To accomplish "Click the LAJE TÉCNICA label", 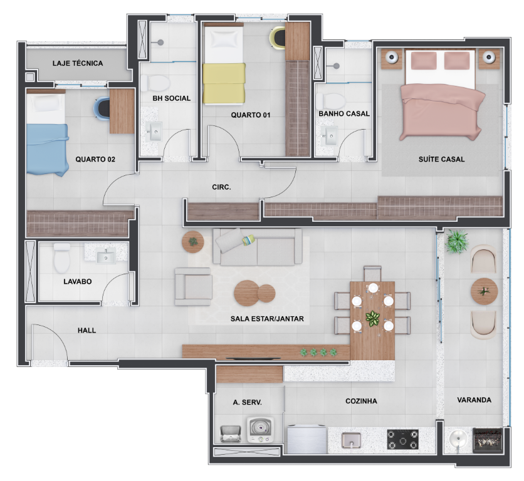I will coord(78,63).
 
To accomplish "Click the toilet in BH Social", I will coord(155,83).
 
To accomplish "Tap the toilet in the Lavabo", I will coord(62,258).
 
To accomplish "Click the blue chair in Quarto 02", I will coord(102,108).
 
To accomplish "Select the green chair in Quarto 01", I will coord(277,39).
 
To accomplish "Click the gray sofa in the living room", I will coord(258,247).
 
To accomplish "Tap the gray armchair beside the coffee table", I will coord(193,286).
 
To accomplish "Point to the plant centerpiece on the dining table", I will coord(373,318).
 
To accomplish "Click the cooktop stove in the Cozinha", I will coord(402,439).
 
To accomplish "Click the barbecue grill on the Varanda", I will coord(487,439).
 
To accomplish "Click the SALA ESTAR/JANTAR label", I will coord(267,319).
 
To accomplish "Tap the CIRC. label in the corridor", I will coord(221,187).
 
